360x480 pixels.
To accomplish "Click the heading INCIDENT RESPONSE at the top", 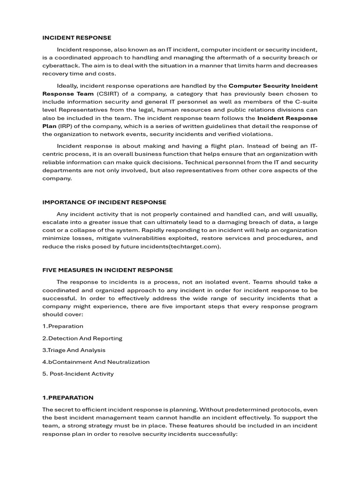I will coord(77,37).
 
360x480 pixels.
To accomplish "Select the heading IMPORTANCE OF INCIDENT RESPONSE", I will coord(104,202).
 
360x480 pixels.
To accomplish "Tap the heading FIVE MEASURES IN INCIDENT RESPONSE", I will coord(107,270).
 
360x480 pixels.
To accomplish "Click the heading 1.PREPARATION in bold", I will coord(68,397).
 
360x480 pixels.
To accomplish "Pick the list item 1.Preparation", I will coord(63,326).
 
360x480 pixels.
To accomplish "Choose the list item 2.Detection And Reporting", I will coord(82,338).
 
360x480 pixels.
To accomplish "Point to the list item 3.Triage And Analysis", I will coord(74,350).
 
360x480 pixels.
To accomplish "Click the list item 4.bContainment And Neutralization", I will coord(96,362).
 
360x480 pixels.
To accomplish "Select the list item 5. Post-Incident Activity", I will coord(78,374).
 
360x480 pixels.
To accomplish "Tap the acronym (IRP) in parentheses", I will coord(66,126).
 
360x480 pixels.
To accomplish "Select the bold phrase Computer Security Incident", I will coord(273,86).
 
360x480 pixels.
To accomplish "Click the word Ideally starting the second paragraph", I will coord(67,86).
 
